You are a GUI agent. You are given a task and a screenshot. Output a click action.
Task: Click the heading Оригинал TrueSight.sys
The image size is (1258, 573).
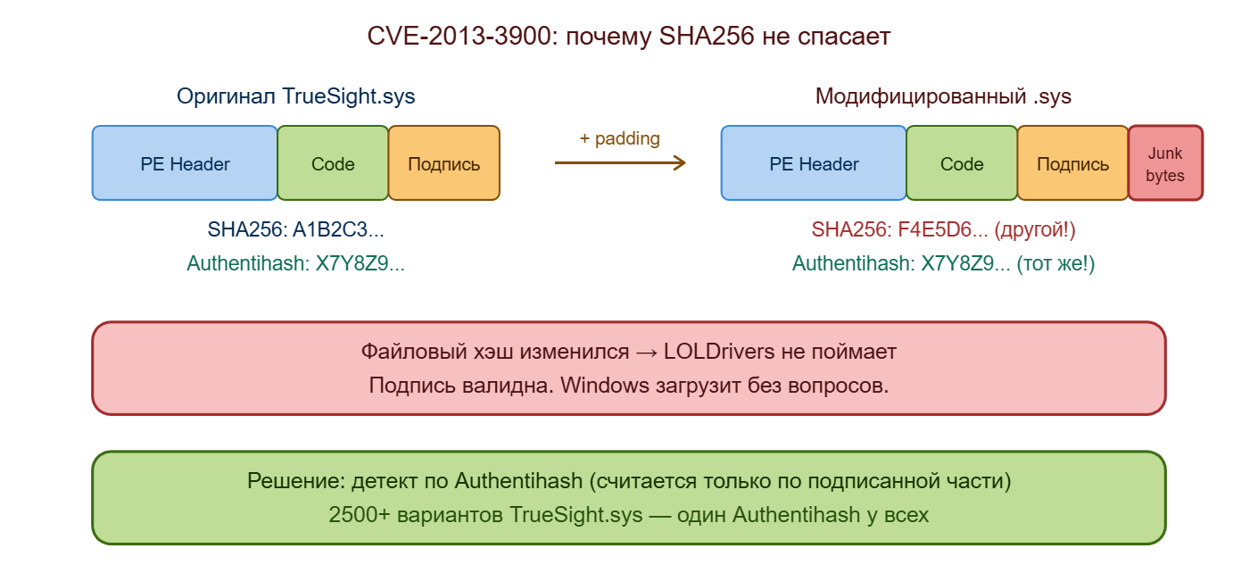(x=295, y=96)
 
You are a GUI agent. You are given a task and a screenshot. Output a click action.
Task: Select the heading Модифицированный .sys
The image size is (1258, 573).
(x=943, y=96)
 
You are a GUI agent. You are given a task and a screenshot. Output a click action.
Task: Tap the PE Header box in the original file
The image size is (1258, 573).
(x=185, y=163)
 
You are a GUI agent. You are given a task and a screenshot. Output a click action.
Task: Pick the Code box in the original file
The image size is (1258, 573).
(x=333, y=163)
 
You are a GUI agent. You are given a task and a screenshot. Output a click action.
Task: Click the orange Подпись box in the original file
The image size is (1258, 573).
(x=443, y=163)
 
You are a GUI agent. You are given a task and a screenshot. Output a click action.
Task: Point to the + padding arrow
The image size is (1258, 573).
(x=620, y=162)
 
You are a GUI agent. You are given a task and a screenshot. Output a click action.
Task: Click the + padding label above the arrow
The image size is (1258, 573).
(x=619, y=138)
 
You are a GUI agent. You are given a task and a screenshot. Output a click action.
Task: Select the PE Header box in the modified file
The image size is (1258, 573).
(x=814, y=163)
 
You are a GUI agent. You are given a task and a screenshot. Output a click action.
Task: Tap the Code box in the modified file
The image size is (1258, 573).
(x=962, y=163)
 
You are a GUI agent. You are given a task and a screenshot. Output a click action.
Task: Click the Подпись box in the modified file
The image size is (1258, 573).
(x=1072, y=163)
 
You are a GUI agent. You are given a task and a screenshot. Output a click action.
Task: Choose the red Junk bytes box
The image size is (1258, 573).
(x=1165, y=164)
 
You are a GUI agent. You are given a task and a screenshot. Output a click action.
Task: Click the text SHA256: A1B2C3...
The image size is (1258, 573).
(x=295, y=229)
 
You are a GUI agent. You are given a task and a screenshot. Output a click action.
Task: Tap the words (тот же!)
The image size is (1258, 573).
(x=1056, y=263)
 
